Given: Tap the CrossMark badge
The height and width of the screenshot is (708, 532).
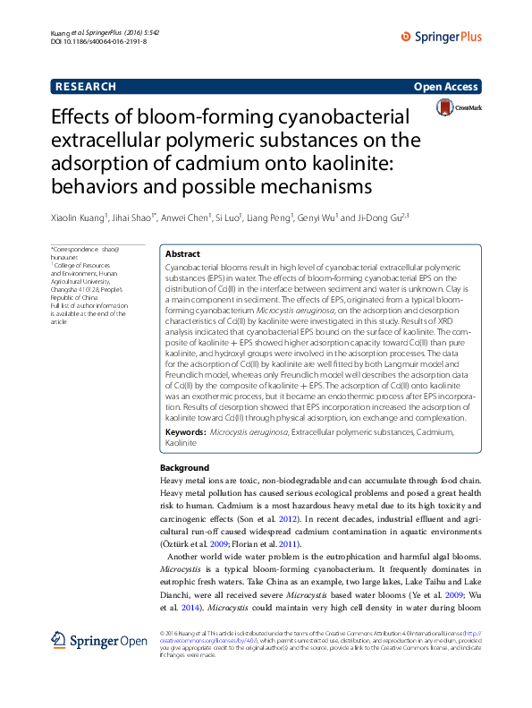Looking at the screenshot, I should pos(458,108).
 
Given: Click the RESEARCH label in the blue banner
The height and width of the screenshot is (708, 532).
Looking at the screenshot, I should pos(86,87).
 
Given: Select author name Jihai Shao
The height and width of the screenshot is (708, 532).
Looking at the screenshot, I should pos(135,216).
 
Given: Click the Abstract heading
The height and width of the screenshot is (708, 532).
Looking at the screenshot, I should pos(183,254).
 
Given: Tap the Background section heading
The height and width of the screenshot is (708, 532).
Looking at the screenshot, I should pos(184,468).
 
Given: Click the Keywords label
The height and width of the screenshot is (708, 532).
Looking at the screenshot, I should pos(185,432).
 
